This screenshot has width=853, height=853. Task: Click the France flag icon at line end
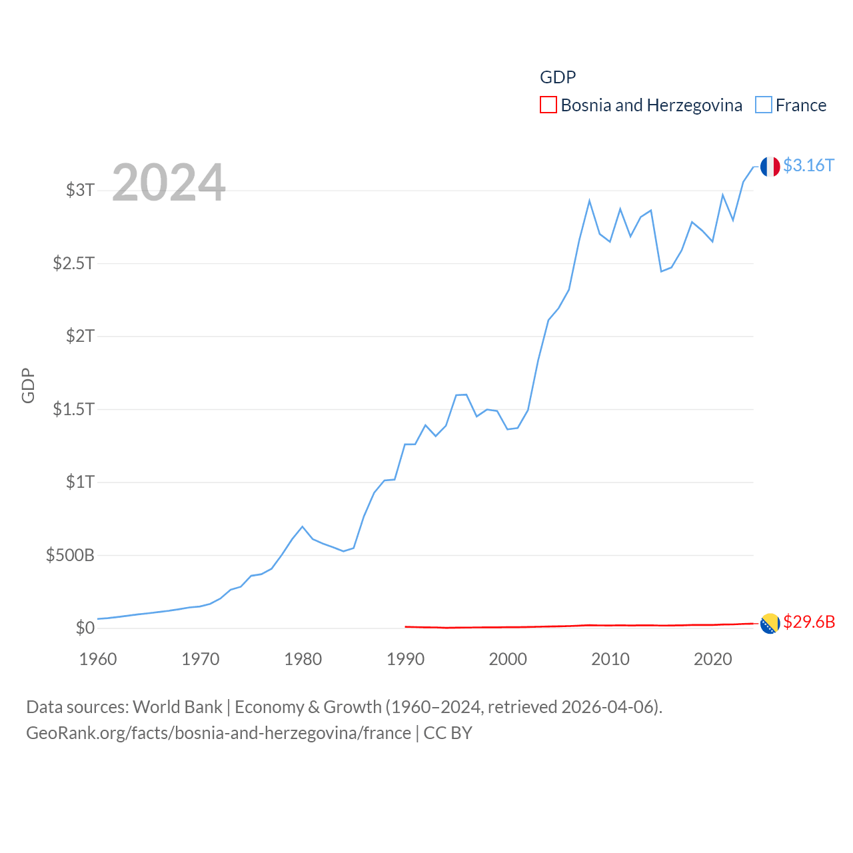click(x=770, y=167)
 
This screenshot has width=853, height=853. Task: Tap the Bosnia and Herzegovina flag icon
click(x=770, y=624)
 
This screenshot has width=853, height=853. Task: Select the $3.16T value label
click(x=808, y=165)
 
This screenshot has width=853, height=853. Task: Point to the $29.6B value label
click(x=808, y=622)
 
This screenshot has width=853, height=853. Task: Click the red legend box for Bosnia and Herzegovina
click(x=548, y=105)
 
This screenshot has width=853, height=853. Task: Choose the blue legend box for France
click(x=763, y=105)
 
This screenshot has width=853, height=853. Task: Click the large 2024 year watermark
click(x=169, y=183)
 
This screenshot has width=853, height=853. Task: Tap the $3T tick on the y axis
click(x=80, y=190)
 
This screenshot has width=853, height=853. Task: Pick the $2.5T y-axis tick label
click(x=73, y=263)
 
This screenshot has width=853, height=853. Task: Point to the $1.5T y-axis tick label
click(x=73, y=409)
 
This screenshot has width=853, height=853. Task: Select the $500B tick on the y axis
click(x=70, y=555)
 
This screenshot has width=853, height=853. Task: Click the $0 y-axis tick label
click(x=85, y=628)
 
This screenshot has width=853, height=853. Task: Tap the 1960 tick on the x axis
click(x=98, y=659)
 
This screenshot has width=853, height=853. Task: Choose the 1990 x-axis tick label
click(x=405, y=659)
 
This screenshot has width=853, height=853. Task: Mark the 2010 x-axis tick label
click(x=610, y=659)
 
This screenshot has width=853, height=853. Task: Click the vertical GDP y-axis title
click(x=28, y=385)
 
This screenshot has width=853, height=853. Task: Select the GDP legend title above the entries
click(x=558, y=77)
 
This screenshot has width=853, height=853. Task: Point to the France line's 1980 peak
click(x=303, y=526)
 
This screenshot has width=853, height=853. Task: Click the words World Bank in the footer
click(x=177, y=706)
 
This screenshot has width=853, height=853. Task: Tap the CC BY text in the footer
click(x=448, y=733)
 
